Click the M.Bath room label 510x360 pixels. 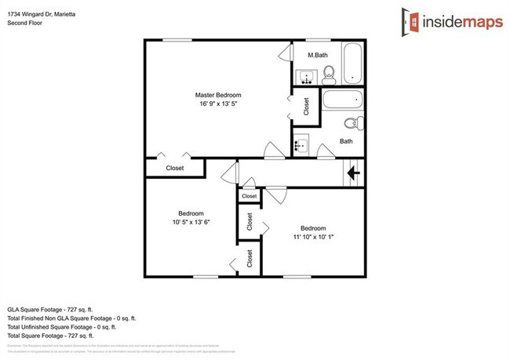317,55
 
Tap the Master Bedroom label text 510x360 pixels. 218,95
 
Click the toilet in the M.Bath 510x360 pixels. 330,75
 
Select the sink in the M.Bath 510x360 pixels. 305,77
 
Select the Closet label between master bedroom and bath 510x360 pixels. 305,106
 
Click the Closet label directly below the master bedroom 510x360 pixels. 175,168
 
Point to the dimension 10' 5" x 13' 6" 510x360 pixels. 191,223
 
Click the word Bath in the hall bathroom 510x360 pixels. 346,141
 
